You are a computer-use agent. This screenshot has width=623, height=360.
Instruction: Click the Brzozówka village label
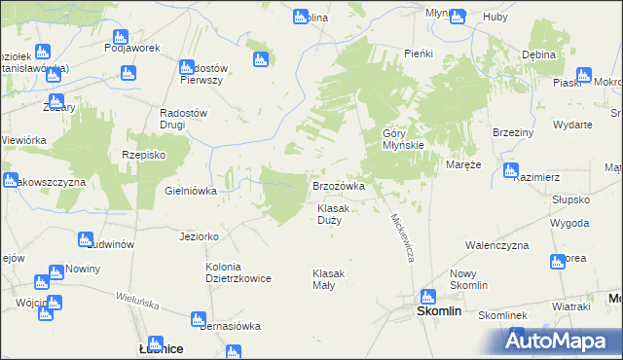click(338, 185)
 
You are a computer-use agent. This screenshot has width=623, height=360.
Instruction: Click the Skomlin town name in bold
click(439, 311)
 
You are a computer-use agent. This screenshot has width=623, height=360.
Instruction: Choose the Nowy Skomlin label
click(468, 280)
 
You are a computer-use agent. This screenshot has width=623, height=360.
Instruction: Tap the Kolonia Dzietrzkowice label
click(238, 272)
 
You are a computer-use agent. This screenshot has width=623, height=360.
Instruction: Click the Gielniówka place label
click(190, 192)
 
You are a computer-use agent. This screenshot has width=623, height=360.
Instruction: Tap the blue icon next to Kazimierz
click(510, 171)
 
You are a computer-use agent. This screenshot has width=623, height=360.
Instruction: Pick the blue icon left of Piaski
click(583, 75)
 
